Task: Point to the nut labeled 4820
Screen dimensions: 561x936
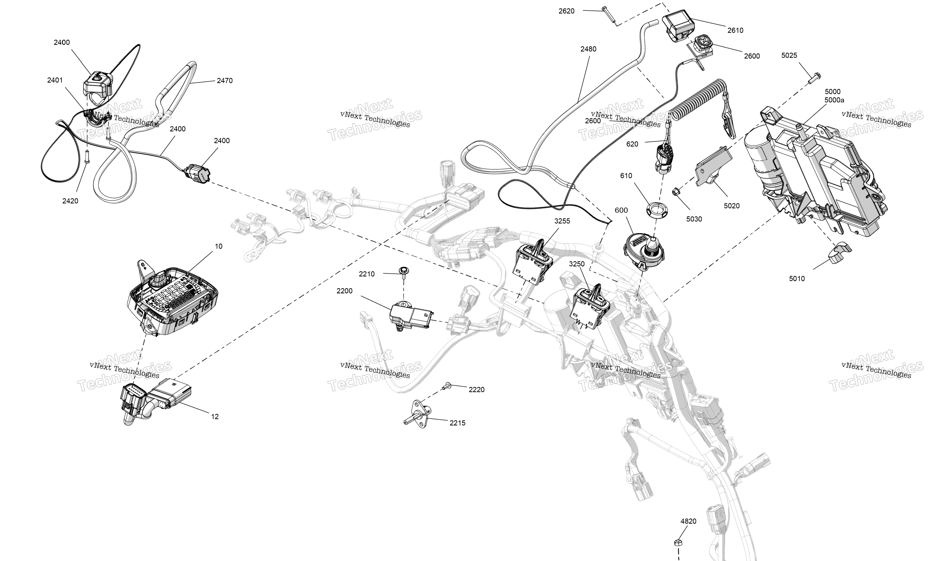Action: (678, 543)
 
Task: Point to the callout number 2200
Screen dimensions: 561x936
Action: (344, 291)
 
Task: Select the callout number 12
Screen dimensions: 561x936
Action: (214, 417)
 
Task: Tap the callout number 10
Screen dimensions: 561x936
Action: (218, 246)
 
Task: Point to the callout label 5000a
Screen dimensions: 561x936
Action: (834, 100)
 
